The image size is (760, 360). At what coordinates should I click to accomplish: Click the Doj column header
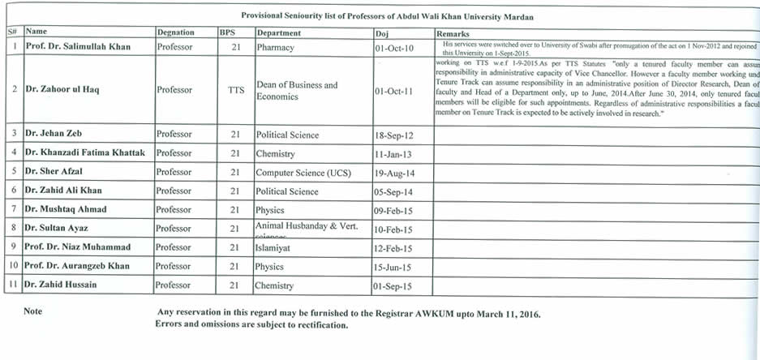(382, 33)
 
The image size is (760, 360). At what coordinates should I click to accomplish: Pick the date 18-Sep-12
(393, 135)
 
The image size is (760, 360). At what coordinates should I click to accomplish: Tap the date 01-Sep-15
(393, 285)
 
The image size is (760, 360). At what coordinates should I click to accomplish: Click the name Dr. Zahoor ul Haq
(62, 89)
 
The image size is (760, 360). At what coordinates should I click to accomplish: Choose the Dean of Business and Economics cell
(297, 91)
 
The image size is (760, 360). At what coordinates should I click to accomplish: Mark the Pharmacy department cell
(275, 48)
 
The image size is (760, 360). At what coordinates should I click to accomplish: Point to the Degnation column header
(175, 33)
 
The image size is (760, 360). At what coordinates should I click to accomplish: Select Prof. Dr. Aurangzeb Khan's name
(77, 266)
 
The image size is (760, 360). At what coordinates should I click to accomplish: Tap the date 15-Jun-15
(393, 267)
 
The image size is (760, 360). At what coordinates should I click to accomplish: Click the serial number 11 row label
(13, 285)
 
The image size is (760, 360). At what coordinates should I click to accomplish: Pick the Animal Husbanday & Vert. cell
(307, 226)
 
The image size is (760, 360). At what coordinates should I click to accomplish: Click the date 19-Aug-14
(393, 173)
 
